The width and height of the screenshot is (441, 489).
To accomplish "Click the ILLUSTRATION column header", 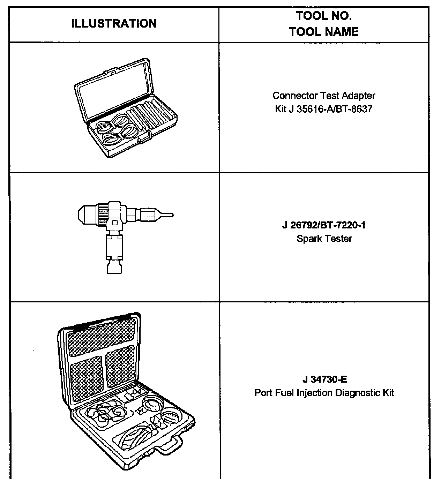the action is pos(114,24).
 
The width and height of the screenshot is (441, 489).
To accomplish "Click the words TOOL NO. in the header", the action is pos(323,16).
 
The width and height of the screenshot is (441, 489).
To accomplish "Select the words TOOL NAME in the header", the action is pos(323,32).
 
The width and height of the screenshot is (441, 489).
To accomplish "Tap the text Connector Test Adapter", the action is pos(323,96).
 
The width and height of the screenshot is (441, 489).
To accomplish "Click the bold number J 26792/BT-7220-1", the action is pos(324,225).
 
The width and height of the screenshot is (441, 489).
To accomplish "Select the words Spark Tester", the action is pos(324,239).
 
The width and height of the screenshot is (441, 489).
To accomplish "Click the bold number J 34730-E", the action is pos(324,379).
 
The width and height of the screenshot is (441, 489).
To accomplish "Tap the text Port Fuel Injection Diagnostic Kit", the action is pos(324,393).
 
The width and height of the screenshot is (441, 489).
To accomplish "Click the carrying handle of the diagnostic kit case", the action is pos(171,445).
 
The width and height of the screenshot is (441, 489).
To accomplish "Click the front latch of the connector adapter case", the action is pos(144,139).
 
